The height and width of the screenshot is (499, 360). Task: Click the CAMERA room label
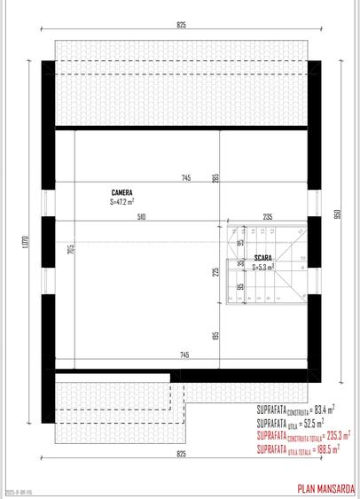(122, 192)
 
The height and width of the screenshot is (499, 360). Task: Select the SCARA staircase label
(262, 258)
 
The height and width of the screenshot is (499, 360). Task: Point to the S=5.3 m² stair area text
(263, 266)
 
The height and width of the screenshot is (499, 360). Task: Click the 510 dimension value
(141, 217)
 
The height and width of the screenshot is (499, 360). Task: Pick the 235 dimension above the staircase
(267, 217)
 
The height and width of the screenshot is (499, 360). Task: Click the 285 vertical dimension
(215, 178)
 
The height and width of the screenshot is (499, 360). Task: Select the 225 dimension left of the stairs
(215, 271)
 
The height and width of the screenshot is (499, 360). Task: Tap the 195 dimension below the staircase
(215, 337)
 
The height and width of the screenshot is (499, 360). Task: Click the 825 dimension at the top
(181, 25)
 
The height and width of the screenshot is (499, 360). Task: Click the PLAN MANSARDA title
(325, 487)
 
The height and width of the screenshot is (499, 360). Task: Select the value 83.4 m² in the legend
(320, 409)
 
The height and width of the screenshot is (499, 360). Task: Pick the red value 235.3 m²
(336, 436)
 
